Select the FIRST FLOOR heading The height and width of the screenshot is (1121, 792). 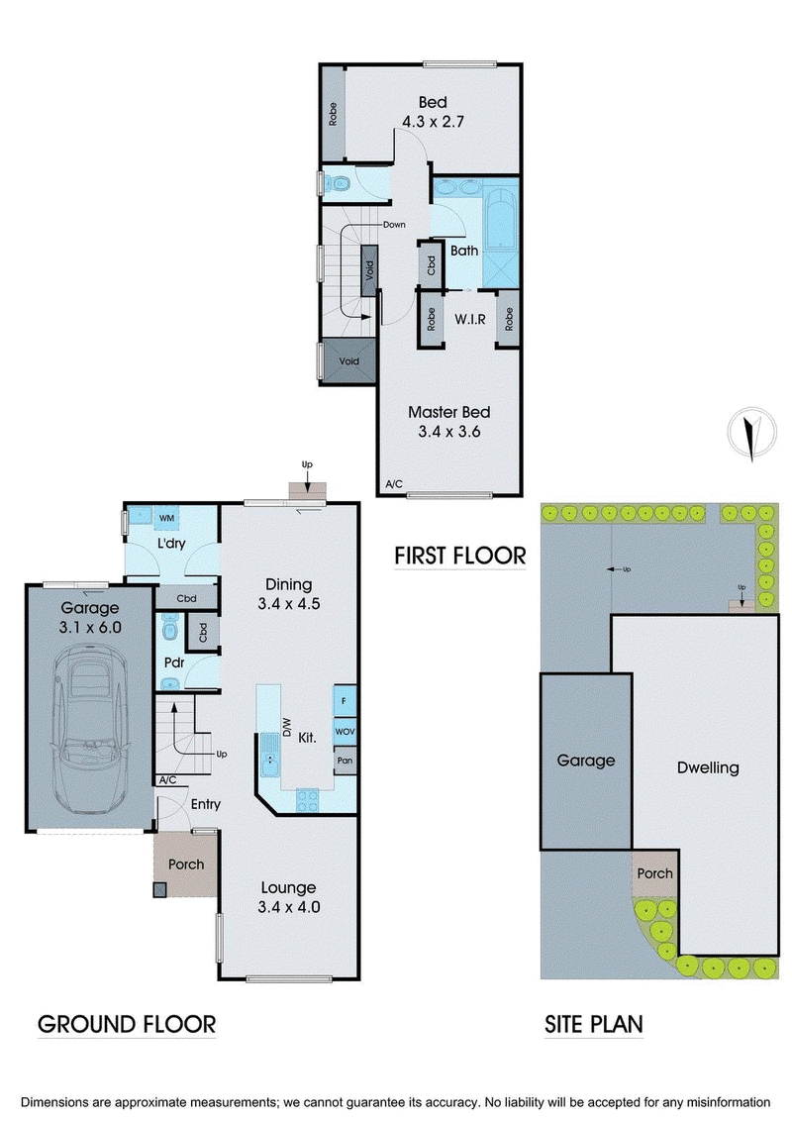point(459,555)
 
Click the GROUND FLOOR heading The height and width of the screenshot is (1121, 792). point(126,1024)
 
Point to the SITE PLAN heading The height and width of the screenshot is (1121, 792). point(594,1024)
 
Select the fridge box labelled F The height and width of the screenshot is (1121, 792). point(345,701)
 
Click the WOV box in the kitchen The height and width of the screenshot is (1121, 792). point(345,731)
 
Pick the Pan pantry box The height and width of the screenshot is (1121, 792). point(345,761)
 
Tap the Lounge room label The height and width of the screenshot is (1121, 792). point(289,887)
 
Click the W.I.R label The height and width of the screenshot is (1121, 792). point(469,321)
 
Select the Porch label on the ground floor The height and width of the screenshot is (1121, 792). point(186,865)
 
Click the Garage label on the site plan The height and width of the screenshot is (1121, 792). point(585,761)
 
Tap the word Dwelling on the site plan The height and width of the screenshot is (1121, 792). point(708,767)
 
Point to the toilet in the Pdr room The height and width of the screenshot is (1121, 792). point(167,630)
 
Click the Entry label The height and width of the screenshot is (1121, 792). point(205,804)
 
